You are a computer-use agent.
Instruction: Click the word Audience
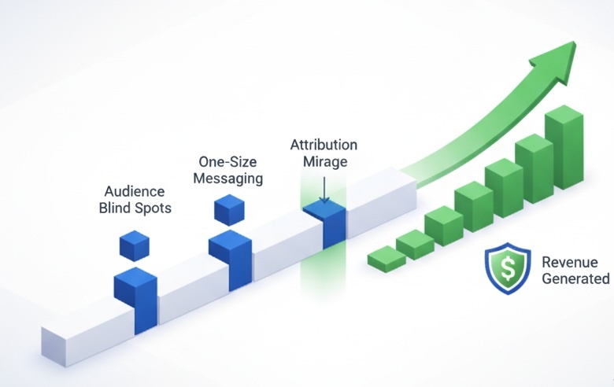[134, 191]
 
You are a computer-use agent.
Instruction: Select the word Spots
[153, 208]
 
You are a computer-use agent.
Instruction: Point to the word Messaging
[228, 179]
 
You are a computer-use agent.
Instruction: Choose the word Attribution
[324, 145]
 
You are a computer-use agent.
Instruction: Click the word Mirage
[324, 162]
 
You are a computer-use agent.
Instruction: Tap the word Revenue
[570, 262]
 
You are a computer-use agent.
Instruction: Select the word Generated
[575, 278]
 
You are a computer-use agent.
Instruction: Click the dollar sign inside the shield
[508, 270]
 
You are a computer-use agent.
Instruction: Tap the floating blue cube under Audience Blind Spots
[135, 245]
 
